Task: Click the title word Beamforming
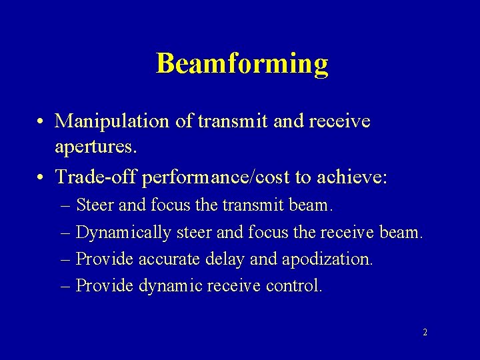click(x=242, y=64)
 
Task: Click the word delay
click(x=230, y=259)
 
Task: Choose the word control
click(x=294, y=285)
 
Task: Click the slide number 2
click(x=425, y=331)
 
